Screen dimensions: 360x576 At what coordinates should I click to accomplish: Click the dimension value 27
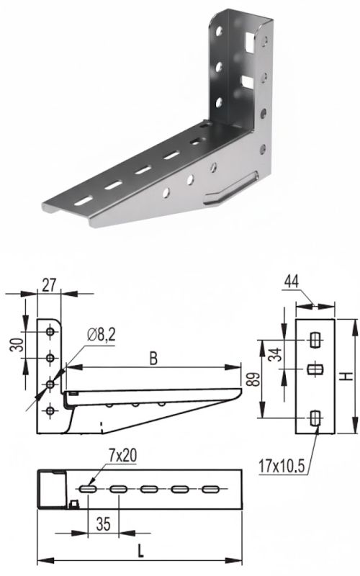[x=49, y=284]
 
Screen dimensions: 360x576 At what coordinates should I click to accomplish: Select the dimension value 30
[x=17, y=345]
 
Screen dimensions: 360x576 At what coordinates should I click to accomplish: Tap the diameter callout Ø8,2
[x=101, y=335]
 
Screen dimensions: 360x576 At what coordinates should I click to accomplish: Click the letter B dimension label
[x=153, y=359]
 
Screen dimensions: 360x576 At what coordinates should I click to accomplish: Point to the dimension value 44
[x=292, y=282]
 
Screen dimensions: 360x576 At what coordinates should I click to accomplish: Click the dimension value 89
[x=253, y=379]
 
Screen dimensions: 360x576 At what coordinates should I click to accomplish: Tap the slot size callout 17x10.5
[x=282, y=466]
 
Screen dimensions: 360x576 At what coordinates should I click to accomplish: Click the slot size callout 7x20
[x=122, y=456]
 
